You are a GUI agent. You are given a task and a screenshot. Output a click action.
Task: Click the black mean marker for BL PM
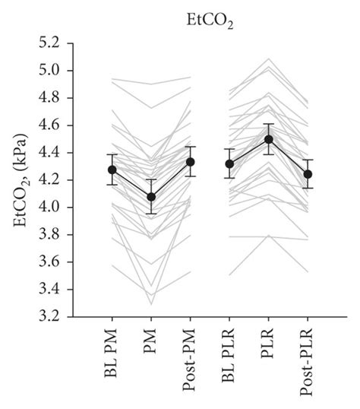(112, 170)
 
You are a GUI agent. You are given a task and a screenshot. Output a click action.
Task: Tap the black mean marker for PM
(150, 197)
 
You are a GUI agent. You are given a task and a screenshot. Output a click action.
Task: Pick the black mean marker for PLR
(268, 139)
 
